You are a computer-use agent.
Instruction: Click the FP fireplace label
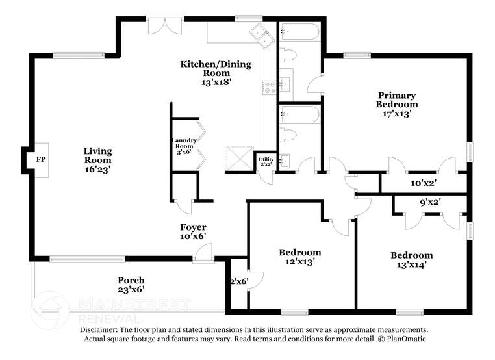pyautogui.click(x=40, y=159)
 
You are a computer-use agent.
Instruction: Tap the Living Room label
pyautogui.click(x=97, y=156)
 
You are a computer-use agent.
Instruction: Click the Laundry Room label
pyautogui.click(x=184, y=144)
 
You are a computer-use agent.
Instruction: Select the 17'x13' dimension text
pyautogui.click(x=397, y=113)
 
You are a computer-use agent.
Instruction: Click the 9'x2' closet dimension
pyautogui.click(x=429, y=203)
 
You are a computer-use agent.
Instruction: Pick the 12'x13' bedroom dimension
pyautogui.click(x=299, y=262)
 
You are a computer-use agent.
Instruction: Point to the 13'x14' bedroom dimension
pyautogui.click(x=411, y=264)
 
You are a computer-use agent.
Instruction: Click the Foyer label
pyautogui.click(x=193, y=227)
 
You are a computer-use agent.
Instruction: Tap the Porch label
pyautogui.click(x=131, y=281)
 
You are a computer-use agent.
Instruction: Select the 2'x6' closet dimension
pyautogui.click(x=238, y=281)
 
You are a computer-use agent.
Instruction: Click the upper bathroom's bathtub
pyautogui.click(x=299, y=32)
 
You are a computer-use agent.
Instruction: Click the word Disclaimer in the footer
pyautogui.click(x=102, y=330)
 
